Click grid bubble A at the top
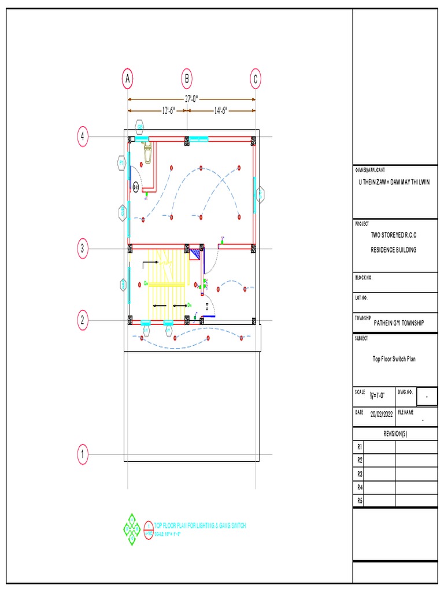pyautogui.click(x=128, y=79)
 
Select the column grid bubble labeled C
pyautogui.click(x=256, y=79)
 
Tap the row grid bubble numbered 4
pyautogui.click(x=83, y=137)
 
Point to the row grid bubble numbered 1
pyautogui.click(x=83, y=454)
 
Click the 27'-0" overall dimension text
pyautogui.click(x=191, y=99)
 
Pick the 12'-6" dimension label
pyautogui.click(x=157, y=110)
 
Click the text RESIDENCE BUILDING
pyautogui.click(x=393, y=250)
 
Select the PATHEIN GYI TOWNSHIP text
pyautogui.click(x=398, y=323)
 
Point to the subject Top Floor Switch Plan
pyautogui.click(x=394, y=359)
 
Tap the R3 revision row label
pyautogui.click(x=360, y=473)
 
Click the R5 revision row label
pyautogui.click(x=360, y=500)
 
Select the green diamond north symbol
pyautogui.click(x=132, y=528)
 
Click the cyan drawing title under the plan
pyautogui.click(x=199, y=525)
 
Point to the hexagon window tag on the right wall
pyautogui.click(x=261, y=194)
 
